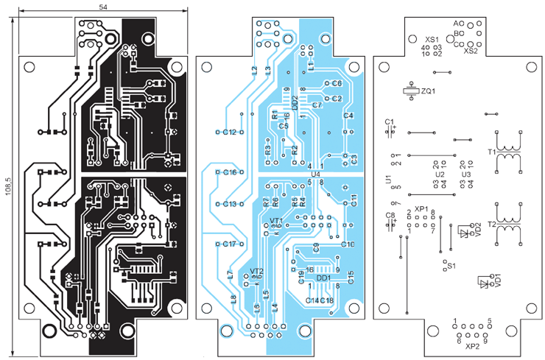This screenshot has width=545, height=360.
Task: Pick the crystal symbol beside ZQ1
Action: (409, 91)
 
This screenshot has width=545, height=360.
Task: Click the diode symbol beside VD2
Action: (463, 233)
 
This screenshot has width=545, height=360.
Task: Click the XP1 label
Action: (421, 209)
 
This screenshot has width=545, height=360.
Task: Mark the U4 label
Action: (316, 174)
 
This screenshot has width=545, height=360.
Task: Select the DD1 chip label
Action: (323, 278)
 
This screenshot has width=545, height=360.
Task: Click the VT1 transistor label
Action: (275, 221)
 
